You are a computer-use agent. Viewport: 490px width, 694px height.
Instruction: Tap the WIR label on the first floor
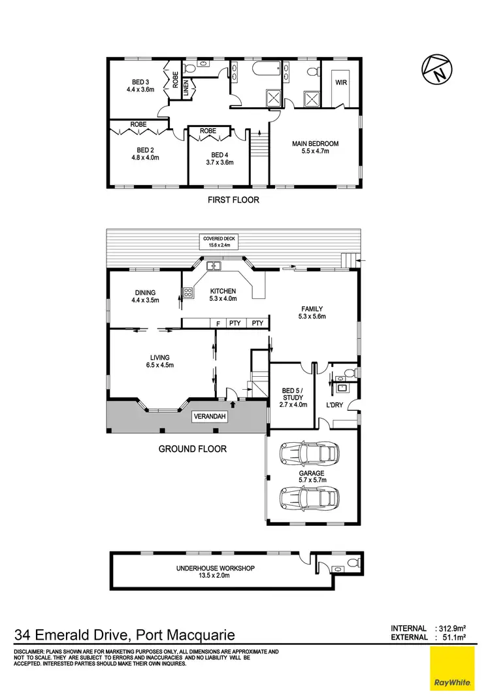[x=340, y=82]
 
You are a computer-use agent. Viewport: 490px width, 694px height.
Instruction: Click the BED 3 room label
[x=140, y=82]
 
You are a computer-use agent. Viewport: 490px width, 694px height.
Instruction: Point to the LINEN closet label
[x=186, y=88]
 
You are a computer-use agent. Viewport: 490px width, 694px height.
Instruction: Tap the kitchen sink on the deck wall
[x=214, y=266]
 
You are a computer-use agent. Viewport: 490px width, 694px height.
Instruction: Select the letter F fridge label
[x=217, y=323]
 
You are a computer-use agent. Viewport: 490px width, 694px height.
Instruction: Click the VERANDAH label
[x=211, y=416]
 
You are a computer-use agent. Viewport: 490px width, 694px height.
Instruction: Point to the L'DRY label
[x=335, y=406]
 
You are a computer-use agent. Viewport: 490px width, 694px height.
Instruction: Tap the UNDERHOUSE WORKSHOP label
[x=215, y=568]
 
